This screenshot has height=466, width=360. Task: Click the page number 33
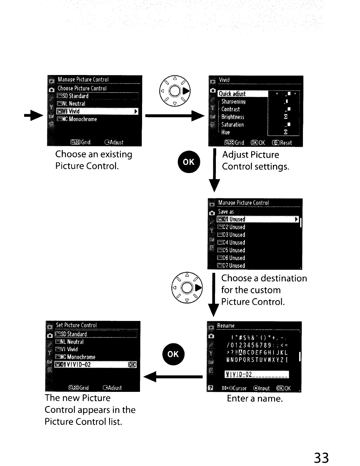tap(321, 458)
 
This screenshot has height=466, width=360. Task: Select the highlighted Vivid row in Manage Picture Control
tap(97, 111)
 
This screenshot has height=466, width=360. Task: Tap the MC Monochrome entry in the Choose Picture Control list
tap(77, 119)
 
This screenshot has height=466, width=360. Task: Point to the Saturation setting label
tap(232, 125)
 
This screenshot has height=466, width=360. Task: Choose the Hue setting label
tap(226, 132)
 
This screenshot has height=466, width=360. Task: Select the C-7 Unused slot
tap(231, 266)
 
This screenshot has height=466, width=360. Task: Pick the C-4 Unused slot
tap(231, 243)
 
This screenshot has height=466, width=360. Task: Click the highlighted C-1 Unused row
tap(257, 219)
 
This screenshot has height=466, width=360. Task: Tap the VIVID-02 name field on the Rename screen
tap(256, 375)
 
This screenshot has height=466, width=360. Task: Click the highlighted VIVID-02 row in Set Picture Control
tap(96, 365)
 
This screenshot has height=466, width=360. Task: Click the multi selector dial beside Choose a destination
tap(187, 287)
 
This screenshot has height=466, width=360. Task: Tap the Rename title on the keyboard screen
tap(226, 326)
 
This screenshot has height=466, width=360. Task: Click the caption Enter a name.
tap(255, 399)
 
